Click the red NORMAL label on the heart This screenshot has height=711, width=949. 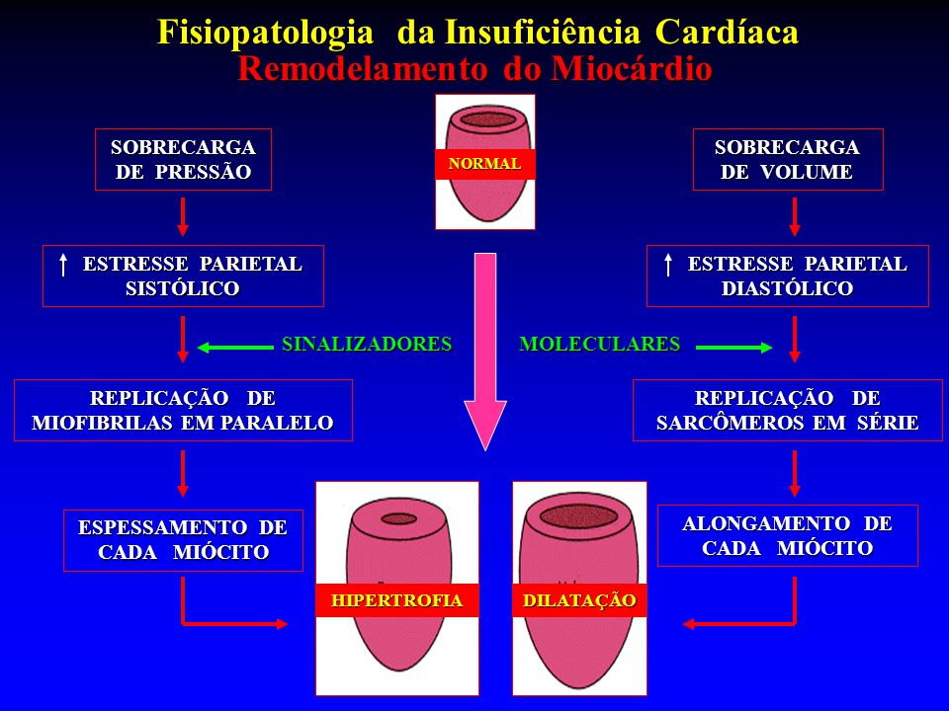pyautogui.click(x=484, y=164)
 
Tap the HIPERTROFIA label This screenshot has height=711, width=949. pyautogui.click(x=396, y=600)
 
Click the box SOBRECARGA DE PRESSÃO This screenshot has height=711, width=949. pyautogui.click(x=183, y=159)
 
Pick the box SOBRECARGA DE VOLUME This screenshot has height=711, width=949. pyautogui.click(x=787, y=159)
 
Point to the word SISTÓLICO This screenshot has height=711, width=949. pyautogui.click(x=183, y=288)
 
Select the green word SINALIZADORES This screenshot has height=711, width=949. pyautogui.click(x=367, y=345)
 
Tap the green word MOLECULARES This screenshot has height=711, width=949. pyautogui.click(x=600, y=345)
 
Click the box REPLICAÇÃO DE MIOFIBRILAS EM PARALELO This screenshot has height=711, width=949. pyautogui.click(x=183, y=411)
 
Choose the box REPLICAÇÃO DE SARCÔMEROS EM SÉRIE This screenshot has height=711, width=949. pyautogui.click(x=787, y=411)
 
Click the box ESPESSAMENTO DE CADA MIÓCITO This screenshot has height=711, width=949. pyautogui.click(x=183, y=540)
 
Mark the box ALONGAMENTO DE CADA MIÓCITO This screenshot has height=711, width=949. pyautogui.click(x=787, y=535)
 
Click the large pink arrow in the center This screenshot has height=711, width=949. pyautogui.click(x=484, y=346)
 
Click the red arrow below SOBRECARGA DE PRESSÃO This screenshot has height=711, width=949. pyautogui.click(x=183, y=215)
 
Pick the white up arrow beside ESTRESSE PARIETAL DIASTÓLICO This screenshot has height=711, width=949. pyautogui.click(x=669, y=265)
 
